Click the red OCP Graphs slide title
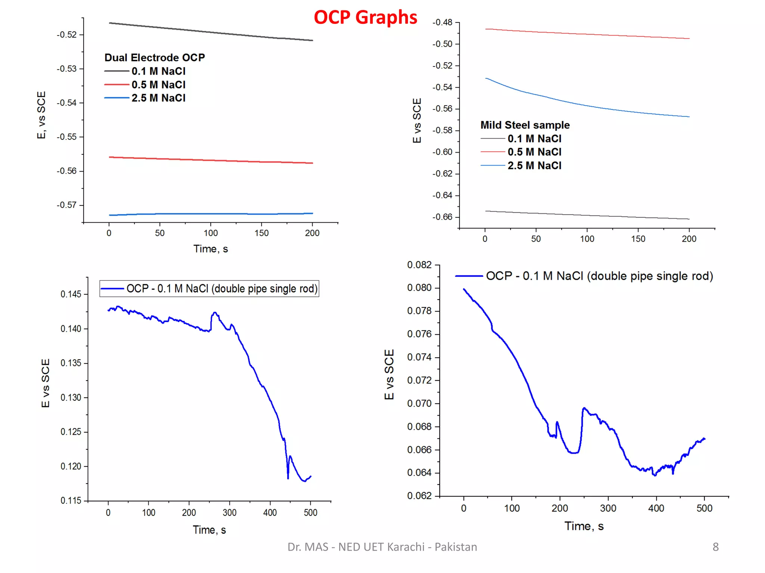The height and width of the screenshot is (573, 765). pos(365,18)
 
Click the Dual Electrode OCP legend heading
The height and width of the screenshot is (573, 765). pos(154,57)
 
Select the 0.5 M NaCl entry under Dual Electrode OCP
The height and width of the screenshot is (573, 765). pos(158,85)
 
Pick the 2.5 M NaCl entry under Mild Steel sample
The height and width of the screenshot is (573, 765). pos(534,166)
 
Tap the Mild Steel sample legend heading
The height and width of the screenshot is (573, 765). pos(525,125)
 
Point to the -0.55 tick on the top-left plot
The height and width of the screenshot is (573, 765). pos(67,137)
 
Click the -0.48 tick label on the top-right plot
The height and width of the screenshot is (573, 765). pos(442,22)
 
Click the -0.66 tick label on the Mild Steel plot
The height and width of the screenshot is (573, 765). pos(442,217)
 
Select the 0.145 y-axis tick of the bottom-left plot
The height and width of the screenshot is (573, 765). pos(71,294)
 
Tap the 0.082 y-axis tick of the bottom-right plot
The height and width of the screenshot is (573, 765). pos(419,265)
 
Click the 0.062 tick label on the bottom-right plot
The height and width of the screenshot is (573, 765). pos(419,496)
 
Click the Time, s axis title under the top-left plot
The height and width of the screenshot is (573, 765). pos(210,249)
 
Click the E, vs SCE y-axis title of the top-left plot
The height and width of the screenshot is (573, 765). pos(41,115)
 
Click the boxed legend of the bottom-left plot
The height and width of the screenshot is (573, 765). pos(209,289)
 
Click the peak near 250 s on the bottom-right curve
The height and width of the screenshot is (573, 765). pos(584,408)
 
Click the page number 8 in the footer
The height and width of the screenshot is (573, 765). pos(715,547)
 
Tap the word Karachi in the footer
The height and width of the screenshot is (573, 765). pos(405,547)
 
